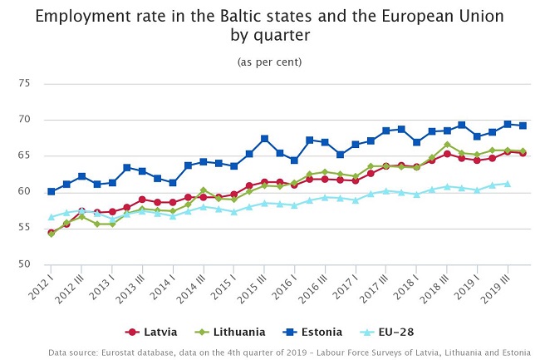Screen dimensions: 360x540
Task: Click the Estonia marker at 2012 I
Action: click(52, 191)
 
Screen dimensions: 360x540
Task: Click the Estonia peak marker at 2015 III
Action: click(264, 139)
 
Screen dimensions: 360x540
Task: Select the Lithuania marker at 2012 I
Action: click(52, 234)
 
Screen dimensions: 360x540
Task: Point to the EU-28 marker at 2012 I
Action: click(52, 217)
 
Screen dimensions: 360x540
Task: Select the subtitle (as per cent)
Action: click(269, 62)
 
